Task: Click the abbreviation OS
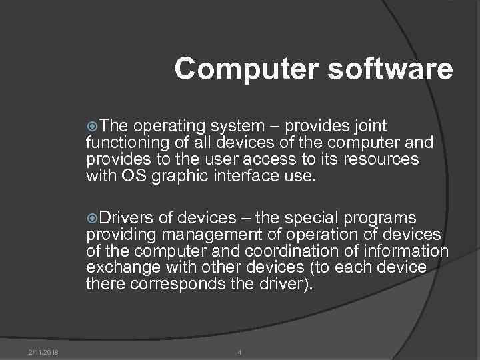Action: coord(130,176)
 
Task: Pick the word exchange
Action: coord(117,268)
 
